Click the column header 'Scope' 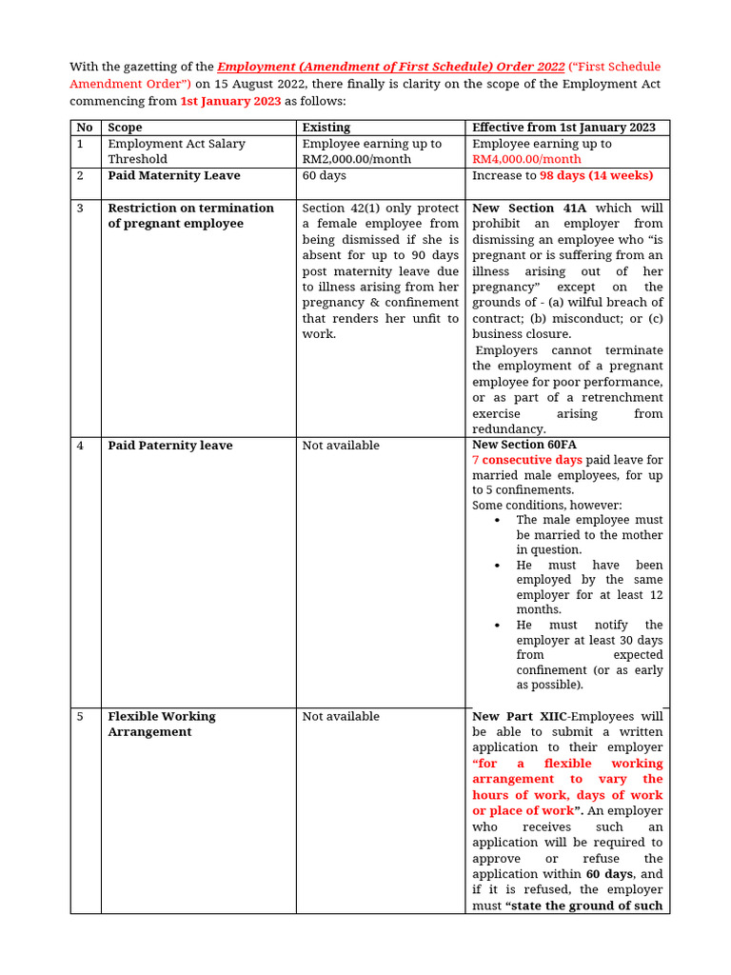click(125, 128)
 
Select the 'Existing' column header click(326, 128)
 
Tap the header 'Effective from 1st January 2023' click(563, 128)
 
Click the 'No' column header click(85, 128)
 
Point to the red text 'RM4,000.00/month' click(526, 159)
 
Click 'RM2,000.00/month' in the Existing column click(357, 159)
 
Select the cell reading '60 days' click(324, 176)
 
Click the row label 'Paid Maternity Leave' click(173, 176)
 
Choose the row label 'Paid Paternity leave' click(169, 446)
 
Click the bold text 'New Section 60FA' click(524, 445)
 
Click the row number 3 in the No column click(81, 209)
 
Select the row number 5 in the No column click(81, 717)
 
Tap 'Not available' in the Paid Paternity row click(340, 446)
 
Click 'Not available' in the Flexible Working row click(340, 717)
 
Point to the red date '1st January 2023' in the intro click(230, 101)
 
